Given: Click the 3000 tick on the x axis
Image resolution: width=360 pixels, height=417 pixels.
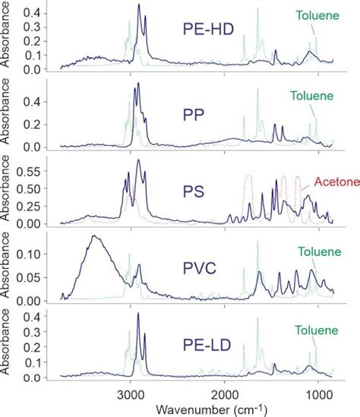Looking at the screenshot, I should (130, 393).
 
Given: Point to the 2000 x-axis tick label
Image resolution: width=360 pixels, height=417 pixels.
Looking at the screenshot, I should (225, 393).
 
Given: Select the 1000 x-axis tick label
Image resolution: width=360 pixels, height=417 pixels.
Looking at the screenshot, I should (319, 393).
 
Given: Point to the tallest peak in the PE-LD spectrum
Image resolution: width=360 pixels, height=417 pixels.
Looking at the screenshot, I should (138, 313).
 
